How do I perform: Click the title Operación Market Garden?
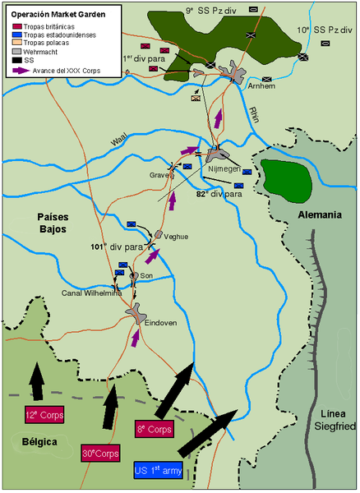click(51, 15)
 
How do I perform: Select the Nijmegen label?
click(223, 169)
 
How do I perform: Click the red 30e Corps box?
click(101, 453)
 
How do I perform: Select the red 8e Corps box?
click(155, 429)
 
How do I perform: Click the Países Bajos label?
click(57, 222)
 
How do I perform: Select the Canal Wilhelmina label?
click(91, 293)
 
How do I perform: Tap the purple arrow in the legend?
click(22, 70)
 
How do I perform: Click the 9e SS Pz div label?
click(210, 9)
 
